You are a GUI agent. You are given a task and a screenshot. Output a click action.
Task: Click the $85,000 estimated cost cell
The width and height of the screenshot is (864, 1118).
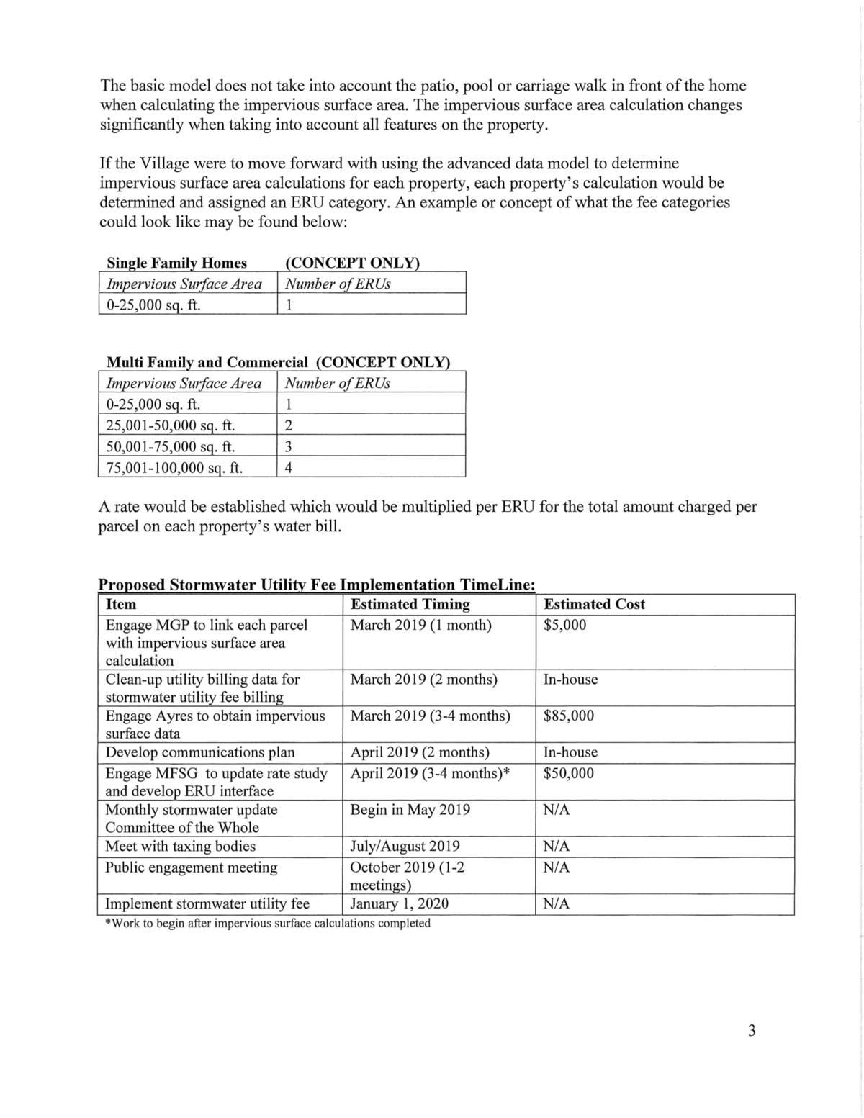tap(569, 716)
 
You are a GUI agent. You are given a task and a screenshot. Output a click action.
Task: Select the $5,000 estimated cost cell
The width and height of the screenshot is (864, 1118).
tap(565, 625)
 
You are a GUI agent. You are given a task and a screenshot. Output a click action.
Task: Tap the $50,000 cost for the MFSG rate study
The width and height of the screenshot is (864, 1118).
tap(569, 773)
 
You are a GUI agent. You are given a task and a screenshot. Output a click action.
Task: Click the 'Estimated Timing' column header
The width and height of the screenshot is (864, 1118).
tap(410, 604)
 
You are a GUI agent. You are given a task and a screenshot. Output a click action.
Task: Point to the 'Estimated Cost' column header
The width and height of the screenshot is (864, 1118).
tap(594, 604)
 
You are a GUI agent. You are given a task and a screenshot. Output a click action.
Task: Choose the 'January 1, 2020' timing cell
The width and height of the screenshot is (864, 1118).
tap(399, 903)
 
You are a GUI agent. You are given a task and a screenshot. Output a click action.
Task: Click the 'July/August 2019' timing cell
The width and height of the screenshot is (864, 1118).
tap(405, 846)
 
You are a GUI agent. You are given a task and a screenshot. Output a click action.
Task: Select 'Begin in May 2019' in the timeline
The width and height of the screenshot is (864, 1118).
tap(410, 810)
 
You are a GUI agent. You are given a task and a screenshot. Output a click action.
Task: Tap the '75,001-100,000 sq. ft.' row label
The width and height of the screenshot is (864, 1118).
tap(174, 468)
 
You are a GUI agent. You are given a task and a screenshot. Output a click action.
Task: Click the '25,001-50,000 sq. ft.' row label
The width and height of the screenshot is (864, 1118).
tap(171, 425)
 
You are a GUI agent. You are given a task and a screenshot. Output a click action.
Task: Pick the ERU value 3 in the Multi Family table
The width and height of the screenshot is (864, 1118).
tap(288, 447)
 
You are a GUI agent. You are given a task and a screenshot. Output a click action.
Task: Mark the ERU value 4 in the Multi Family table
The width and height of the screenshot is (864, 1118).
tap(288, 468)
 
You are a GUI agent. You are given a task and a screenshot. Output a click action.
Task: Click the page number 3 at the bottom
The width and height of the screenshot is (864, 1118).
tap(752, 1031)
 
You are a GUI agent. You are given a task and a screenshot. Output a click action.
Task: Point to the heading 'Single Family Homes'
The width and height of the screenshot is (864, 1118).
tap(176, 263)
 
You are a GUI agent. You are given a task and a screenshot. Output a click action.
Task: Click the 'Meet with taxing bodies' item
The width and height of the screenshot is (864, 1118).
tap(180, 846)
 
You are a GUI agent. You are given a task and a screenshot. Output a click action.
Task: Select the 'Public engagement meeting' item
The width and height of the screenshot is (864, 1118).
tap(191, 867)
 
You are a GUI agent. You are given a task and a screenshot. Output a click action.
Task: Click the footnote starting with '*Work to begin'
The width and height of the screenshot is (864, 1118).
tap(268, 923)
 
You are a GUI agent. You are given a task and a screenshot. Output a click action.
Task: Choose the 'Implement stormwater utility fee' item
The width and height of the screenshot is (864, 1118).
tap(207, 903)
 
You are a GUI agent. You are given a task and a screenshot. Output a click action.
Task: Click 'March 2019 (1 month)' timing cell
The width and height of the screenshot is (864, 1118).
tap(420, 625)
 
